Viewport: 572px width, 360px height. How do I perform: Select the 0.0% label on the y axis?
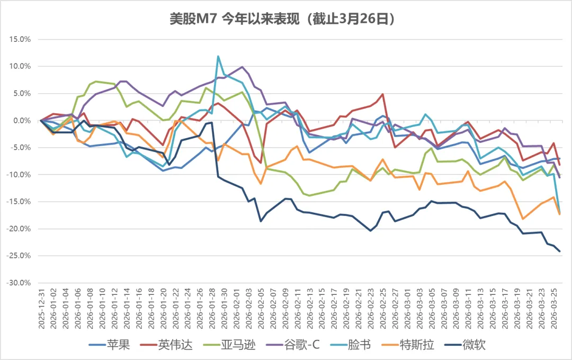(x=21, y=120)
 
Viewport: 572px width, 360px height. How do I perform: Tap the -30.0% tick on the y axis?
(x=18, y=283)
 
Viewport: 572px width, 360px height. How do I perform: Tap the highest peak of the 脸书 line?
(x=218, y=56)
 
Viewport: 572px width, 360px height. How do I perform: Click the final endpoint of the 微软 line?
(x=560, y=251)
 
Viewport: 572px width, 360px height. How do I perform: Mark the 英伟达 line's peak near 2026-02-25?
(x=382, y=94)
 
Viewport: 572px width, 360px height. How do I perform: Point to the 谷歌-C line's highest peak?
(x=243, y=67)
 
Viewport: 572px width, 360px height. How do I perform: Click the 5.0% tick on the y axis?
(x=21, y=93)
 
